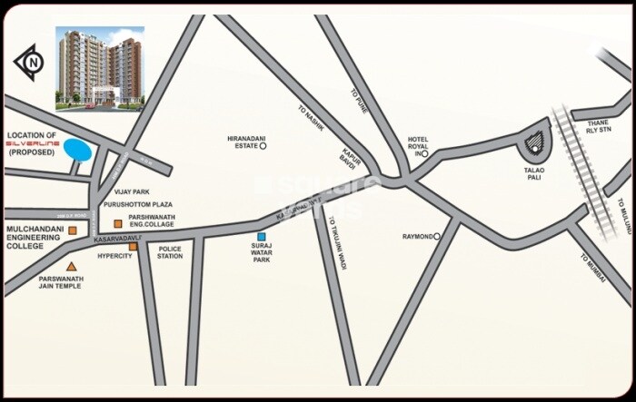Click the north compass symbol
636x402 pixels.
coord(29,62)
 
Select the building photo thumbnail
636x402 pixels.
coord(100,67)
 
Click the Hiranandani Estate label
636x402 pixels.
coord(243,142)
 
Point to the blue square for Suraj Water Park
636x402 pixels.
coord(262,236)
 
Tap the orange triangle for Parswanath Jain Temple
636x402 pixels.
coord(71,266)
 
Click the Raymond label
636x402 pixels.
coord(418,237)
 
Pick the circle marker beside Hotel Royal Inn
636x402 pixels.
coord(424,154)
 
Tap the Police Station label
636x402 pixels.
coord(170,251)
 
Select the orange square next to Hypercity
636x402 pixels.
coord(133,246)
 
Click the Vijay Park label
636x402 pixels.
coord(133,191)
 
